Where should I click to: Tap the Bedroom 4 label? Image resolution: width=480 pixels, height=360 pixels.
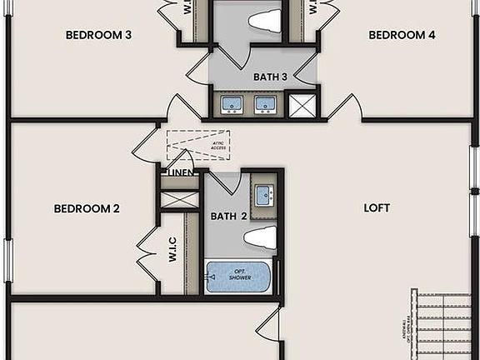pos(402,35)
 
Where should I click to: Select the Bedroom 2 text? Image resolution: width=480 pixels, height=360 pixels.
pos(87,208)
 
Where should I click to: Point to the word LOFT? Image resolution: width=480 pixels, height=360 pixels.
pos(377,207)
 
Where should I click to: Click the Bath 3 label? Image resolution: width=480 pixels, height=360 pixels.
pos(271,77)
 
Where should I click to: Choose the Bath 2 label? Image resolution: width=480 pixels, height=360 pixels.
pos(228,216)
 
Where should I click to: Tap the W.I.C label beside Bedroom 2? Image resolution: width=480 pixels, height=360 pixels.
pos(171,249)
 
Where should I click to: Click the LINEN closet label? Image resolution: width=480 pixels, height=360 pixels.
pos(181,172)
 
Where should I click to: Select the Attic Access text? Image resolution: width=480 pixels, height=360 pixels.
pos(218,145)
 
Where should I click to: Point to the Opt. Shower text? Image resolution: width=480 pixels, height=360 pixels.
pos(239,275)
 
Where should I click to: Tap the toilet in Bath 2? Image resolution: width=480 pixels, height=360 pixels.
pos(260,237)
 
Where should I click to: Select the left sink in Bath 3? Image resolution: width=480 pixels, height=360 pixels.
pos(232,104)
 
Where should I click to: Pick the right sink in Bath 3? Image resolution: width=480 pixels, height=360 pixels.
pos(265,104)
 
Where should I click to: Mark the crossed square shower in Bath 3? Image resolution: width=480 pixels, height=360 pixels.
pos(298,104)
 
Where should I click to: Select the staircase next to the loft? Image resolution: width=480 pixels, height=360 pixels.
pos(447,324)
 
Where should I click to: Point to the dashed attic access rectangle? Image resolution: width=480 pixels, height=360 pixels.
pos(198,145)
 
